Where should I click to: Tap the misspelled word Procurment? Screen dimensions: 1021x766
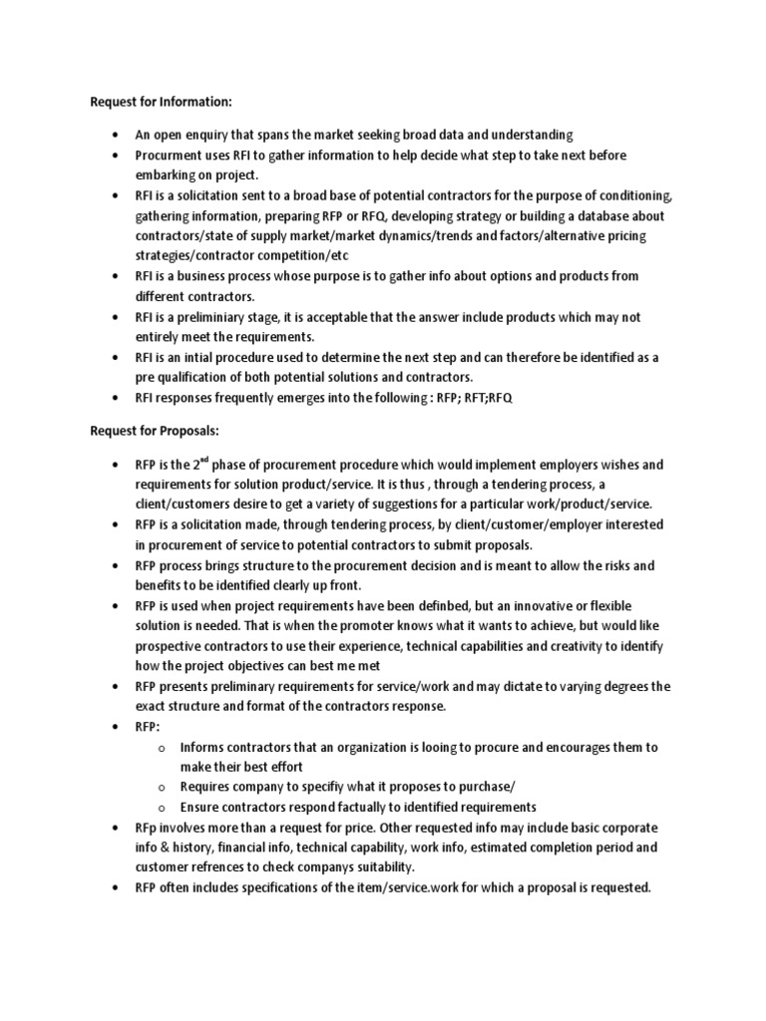[170, 156]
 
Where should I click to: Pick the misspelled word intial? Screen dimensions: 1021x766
[204, 357]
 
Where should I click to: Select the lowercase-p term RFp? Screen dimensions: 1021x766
[149, 829]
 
